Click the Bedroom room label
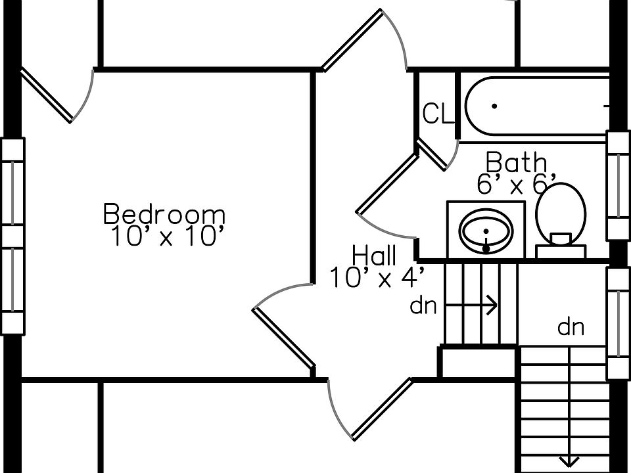pos(164,215)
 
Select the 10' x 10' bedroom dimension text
pos(164,236)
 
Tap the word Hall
pos(374,256)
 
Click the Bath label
pos(516,162)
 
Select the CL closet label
pos(438,115)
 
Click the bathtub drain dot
pos(494,106)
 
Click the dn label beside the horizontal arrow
pos(423,306)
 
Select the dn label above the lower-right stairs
pos(571,327)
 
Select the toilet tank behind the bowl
pos(561,250)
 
